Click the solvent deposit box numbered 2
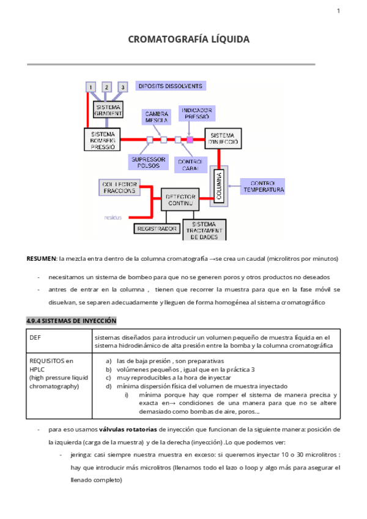pos(106,88)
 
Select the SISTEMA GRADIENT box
pos(108,110)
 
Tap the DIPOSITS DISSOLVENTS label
pos(169,86)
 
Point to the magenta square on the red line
pos(190,140)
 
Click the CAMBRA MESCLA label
pos(157,117)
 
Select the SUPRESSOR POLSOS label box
pos(147,162)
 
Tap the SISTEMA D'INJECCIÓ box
pos(222,139)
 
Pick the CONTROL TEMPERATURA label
pos(264,186)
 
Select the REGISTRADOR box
pos(157,228)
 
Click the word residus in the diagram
pos(113,217)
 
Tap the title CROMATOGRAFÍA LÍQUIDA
pos(188,39)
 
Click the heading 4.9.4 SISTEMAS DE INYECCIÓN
pos(72,321)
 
